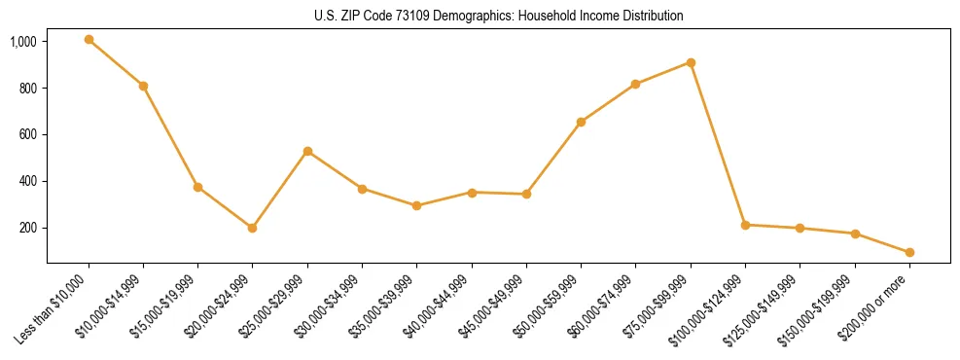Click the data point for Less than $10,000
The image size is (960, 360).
click(x=89, y=40)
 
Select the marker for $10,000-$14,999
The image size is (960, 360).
click(x=143, y=86)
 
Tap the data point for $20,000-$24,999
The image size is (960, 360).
click(x=253, y=228)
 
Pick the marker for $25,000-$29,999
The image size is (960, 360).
click(x=307, y=151)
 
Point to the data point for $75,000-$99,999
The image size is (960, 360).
click(x=691, y=62)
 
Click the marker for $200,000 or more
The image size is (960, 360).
click(x=909, y=252)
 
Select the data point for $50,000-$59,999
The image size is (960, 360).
click(x=581, y=122)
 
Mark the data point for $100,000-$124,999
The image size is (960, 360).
click(x=745, y=225)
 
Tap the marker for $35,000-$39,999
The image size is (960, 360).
click(x=416, y=205)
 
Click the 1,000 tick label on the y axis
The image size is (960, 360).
click(x=23, y=42)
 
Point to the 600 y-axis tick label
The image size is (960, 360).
click(x=28, y=134)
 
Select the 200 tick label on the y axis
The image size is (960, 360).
click(x=28, y=228)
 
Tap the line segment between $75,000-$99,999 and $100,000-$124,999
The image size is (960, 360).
click(x=718, y=144)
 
